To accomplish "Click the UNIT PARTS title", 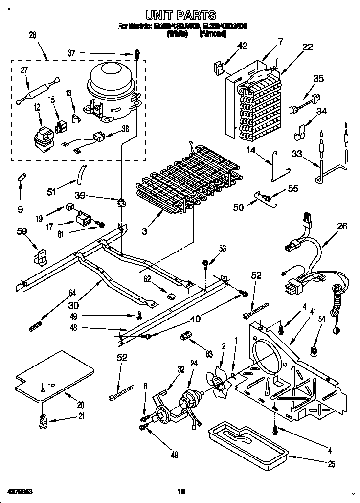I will click(x=180, y=16).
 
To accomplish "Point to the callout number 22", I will click(x=307, y=46).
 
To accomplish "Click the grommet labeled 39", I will click(x=120, y=202).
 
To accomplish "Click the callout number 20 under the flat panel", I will click(x=80, y=405).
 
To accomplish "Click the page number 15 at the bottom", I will click(x=181, y=491).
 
